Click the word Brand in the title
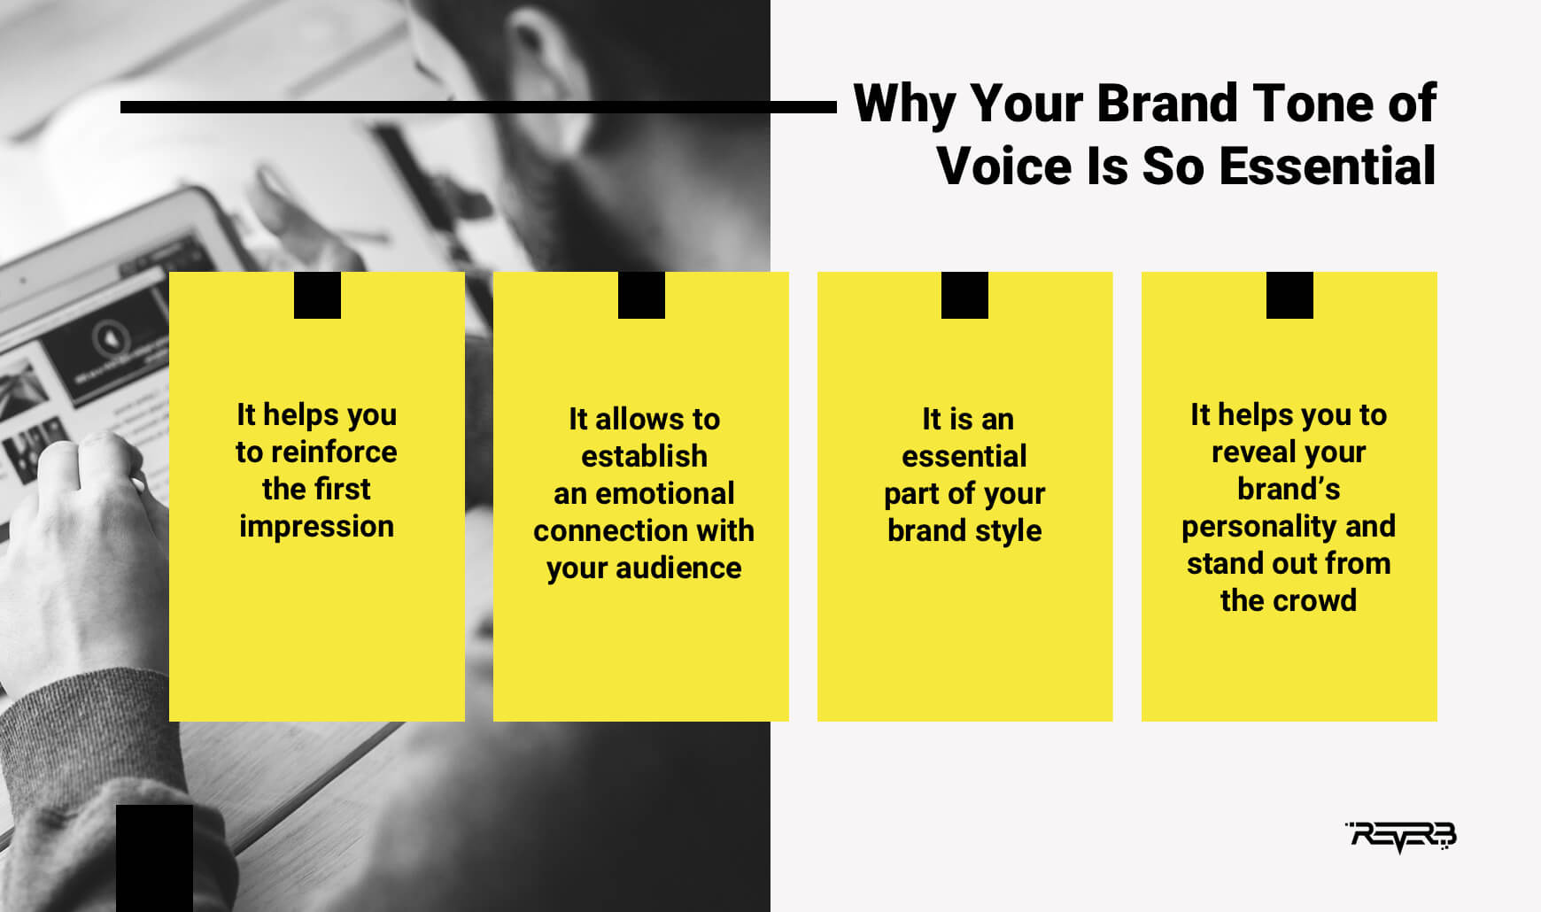[1166, 104]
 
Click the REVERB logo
[1401, 835]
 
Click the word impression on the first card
[316, 527]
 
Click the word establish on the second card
[644, 456]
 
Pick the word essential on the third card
[964, 456]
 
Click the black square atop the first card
[317, 295]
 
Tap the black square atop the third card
[964, 295]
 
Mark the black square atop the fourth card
[1289, 295]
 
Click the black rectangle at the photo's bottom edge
[154, 857]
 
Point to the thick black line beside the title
[478, 107]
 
